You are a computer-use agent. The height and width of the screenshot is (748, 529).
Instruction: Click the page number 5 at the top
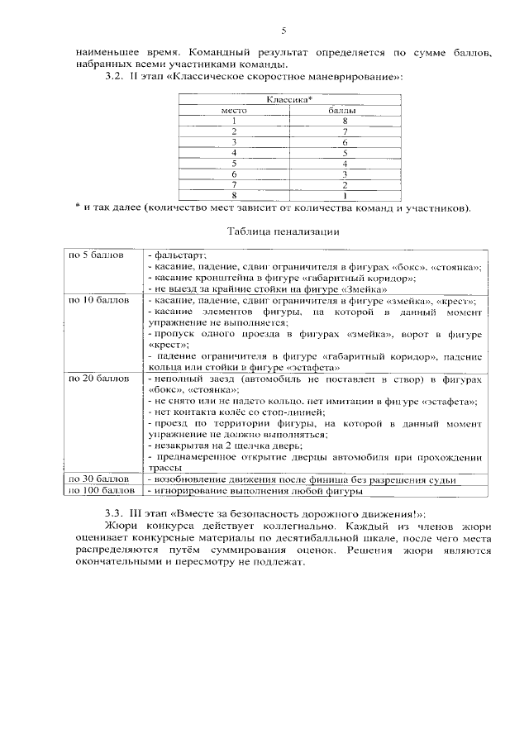(284, 31)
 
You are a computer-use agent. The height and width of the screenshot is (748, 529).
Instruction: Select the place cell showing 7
(234, 185)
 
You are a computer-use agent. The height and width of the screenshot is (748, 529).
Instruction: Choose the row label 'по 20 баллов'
(98, 377)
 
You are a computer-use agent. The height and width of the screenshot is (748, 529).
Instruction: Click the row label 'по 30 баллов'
(98, 479)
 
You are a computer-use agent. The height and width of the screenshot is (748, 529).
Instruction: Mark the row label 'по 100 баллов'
(101, 491)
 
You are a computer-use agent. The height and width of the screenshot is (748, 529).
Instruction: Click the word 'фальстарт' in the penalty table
(179, 256)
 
